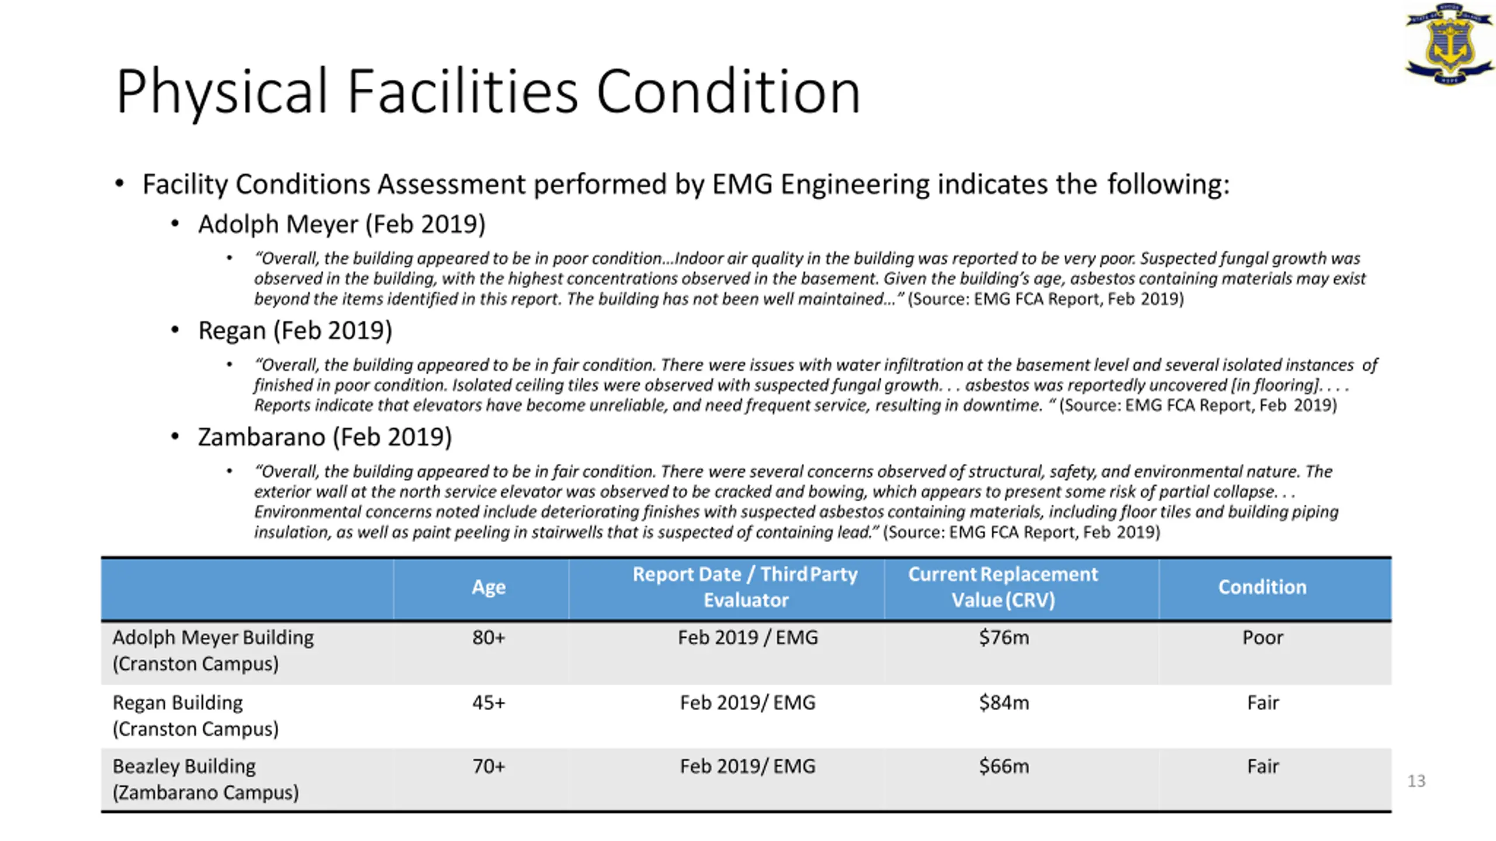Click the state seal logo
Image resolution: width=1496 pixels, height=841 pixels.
1449,44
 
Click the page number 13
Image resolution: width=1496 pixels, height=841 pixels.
1416,781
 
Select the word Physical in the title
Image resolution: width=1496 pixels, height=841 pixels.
221,92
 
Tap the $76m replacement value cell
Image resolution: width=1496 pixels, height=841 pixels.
1003,637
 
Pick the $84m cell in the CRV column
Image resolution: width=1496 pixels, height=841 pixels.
1003,703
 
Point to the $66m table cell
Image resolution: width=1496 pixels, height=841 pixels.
1003,766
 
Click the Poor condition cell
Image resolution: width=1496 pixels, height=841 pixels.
1262,637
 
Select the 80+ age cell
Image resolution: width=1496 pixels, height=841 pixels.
489,637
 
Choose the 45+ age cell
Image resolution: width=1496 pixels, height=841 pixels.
489,703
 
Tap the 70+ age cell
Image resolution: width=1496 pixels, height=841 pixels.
489,766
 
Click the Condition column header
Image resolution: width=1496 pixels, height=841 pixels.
1262,587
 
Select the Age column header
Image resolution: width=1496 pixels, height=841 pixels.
489,587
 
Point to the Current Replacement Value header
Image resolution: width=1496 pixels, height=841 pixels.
1003,587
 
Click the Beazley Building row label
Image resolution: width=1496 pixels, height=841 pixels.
205,779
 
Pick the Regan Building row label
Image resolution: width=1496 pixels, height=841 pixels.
195,715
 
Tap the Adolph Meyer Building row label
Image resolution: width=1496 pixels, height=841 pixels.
213,650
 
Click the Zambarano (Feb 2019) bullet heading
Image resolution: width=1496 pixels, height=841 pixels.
325,437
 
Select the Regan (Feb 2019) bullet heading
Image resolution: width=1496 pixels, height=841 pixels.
295,331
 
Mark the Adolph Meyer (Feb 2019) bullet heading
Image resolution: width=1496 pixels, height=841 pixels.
342,224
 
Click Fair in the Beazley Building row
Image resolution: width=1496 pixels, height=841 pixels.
1262,766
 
